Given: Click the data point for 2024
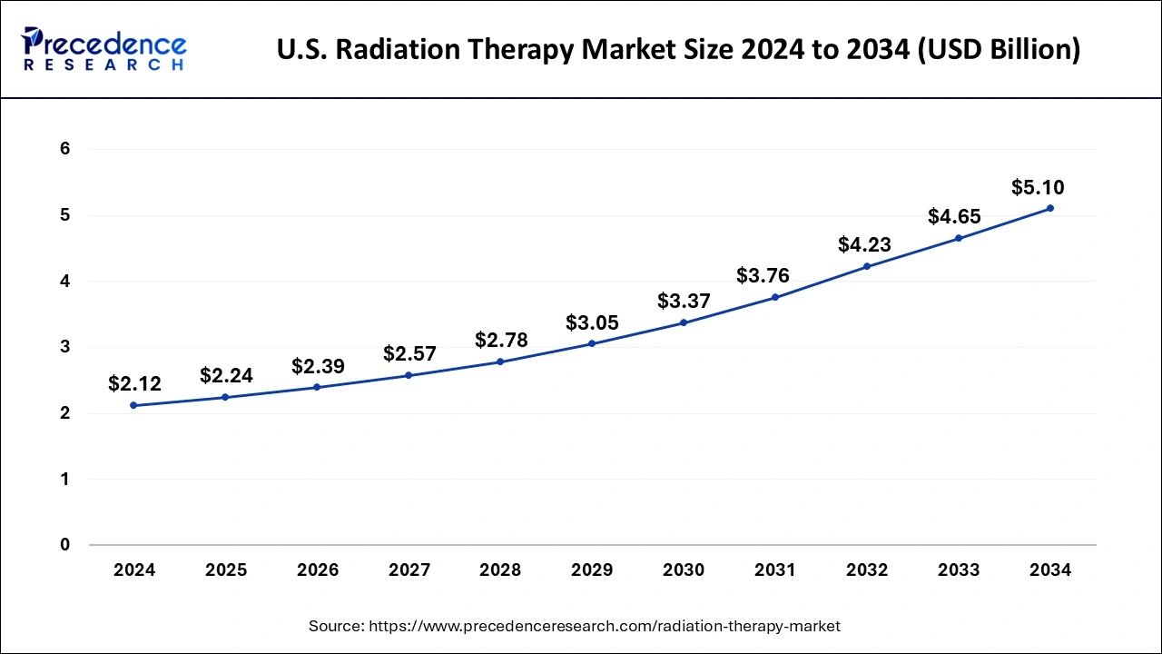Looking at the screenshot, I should [x=134, y=405].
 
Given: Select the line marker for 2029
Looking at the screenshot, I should [x=592, y=343].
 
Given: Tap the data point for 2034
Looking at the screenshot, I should [x=1050, y=208].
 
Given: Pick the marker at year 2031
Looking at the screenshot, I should [x=775, y=297].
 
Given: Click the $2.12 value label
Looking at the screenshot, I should [x=134, y=383].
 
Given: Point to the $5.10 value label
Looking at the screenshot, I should [x=1038, y=188].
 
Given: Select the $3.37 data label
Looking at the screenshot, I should [x=684, y=301].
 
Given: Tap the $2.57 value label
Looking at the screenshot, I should [x=409, y=353].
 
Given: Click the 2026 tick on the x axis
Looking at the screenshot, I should [x=318, y=570].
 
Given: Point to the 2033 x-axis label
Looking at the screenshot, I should [x=959, y=570].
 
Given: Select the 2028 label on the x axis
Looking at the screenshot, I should [x=500, y=570].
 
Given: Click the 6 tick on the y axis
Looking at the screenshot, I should [x=65, y=149].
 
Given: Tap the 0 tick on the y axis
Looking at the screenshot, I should [x=65, y=545].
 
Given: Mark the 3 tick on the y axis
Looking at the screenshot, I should [x=65, y=347].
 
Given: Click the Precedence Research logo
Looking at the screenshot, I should [x=103, y=50].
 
